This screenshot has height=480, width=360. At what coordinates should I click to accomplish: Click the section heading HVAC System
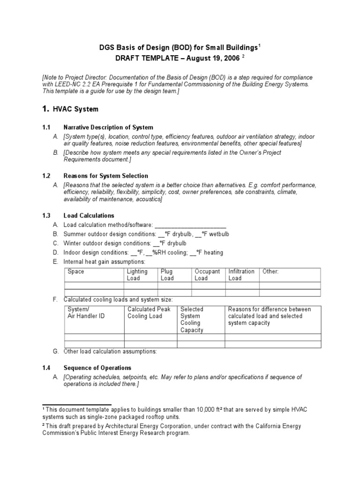[x=75, y=109]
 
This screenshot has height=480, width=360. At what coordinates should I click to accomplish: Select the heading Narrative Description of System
[x=108, y=127]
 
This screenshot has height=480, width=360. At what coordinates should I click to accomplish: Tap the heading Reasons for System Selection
[x=105, y=176]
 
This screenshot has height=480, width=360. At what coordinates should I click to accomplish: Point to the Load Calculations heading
[x=89, y=216]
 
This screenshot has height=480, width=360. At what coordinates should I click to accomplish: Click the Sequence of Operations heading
[x=97, y=368]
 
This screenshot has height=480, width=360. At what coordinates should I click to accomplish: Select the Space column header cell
[x=76, y=271]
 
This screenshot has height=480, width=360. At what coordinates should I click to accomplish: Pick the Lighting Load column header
[x=137, y=275]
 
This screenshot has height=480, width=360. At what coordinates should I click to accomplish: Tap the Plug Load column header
[x=167, y=275]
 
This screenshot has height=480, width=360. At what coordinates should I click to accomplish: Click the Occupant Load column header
[x=207, y=275]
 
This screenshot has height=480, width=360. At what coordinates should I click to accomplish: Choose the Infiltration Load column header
[x=241, y=275]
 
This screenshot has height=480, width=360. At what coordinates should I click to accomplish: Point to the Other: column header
[x=270, y=271]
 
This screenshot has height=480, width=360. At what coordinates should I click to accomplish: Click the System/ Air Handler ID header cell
[x=86, y=313]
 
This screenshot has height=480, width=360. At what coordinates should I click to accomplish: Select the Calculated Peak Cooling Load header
[x=149, y=313]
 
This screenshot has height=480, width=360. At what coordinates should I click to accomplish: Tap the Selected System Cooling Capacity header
[x=192, y=320]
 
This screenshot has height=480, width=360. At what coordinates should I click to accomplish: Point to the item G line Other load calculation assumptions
[x=110, y=352]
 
